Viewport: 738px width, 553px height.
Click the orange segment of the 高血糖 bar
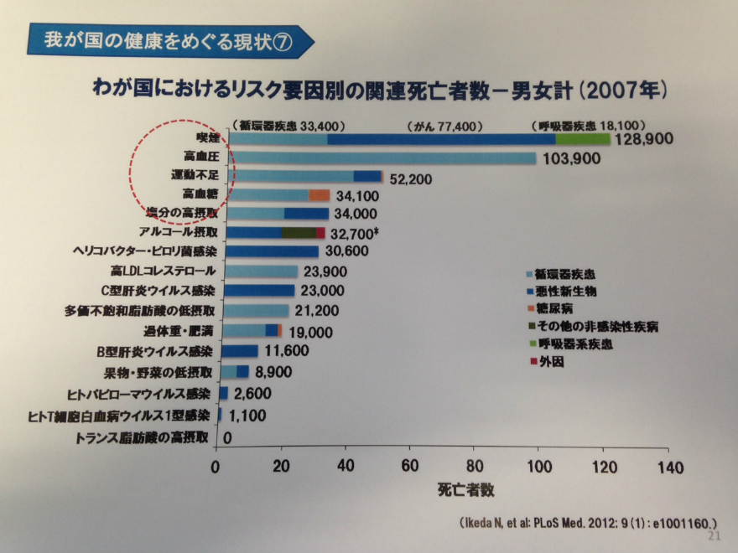coord(319,194)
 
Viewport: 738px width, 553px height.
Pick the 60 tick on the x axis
coord(410,466)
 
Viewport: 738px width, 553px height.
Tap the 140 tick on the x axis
coord(668,466)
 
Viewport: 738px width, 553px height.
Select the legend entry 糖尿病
coord(556,309)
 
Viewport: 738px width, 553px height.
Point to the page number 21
coord(715,536)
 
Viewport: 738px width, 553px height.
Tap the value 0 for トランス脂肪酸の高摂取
coord(227,437)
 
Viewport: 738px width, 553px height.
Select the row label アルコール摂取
coord(178,232)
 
